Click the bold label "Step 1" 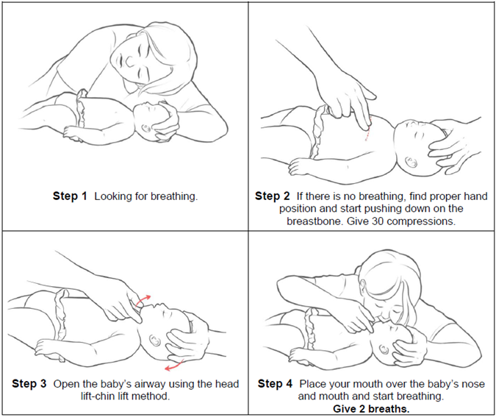(70, 196)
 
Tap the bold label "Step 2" (273, 196)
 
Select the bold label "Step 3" (29, 384)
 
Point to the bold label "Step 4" (275, 384)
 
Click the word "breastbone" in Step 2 (315, 221)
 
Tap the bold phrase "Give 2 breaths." (371, 409)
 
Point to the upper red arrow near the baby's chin (143, 301)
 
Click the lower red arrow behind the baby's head (175, 365)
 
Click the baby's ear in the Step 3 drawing (155, 341)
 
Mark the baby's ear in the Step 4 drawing (384, 349)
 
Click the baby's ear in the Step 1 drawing (146, 129)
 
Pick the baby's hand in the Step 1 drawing (72, 134)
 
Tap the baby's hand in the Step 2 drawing (299, 166)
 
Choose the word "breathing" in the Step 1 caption (173, 196)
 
